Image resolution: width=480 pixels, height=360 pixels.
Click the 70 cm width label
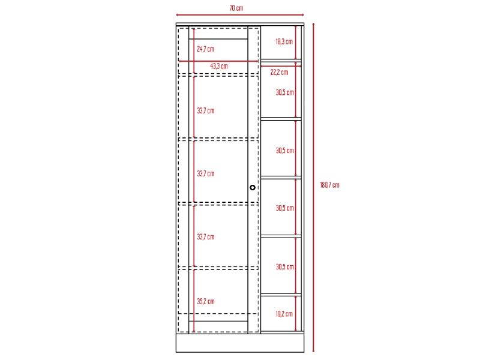click(x=236, y=8)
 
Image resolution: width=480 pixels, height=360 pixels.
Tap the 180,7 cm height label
click(x=329, y=185)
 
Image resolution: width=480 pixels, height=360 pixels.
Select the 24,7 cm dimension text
click(x=206, y=49)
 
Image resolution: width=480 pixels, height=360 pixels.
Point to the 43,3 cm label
click(x=219, y=66)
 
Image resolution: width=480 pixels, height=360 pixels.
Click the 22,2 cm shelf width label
click(x=279, y=72)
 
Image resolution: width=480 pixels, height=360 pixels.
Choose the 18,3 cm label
click(x=284, y=41)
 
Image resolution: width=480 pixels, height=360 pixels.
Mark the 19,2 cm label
click(x=284, y=314)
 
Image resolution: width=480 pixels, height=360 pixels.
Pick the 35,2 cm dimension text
click(x=206, y=301)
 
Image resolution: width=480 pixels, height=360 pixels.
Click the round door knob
click(x=253, y=187)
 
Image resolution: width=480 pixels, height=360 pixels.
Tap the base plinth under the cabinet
click(x=240, y=343)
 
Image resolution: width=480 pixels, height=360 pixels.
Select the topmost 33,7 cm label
click(x=206, y=111)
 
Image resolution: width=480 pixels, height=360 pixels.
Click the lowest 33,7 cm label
click(x=206, y=236)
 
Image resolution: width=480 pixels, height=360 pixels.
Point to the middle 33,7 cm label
click(x=206, y=173)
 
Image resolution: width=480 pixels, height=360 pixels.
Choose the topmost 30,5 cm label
click(x=284, y=92)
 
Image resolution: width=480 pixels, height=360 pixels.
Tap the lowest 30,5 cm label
click(x=284, y=266)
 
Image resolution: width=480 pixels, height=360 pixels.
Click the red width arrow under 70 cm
click(x=240, y=14)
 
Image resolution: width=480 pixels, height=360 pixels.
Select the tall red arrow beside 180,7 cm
click(x=313, y=187)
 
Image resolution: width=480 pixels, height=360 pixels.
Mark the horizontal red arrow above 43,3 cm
click(x=218, y=61)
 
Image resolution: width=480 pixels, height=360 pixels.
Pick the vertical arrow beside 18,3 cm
click(x=296, y=43)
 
